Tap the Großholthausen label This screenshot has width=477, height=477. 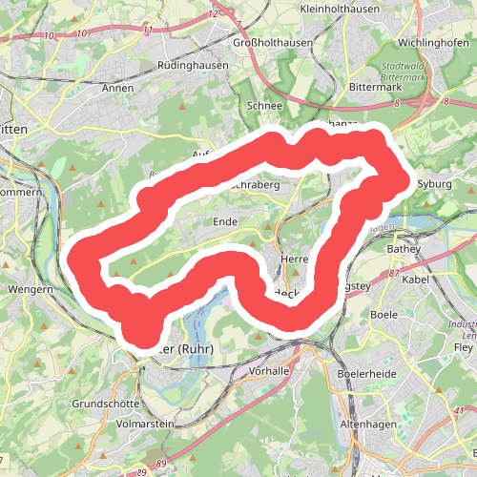click(x=272, y=44)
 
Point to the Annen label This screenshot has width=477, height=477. click(x=117, y=88)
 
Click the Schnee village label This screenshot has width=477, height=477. click(x=264, y=106)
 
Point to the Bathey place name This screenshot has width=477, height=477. click(x=403, y=249)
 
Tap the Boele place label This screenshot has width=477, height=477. click(x=384, y=314)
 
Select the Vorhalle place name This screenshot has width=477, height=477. click(x=268, y=370)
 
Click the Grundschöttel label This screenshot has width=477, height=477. click(x=104, y=404)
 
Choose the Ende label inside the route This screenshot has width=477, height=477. click(x=225, y=221)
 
